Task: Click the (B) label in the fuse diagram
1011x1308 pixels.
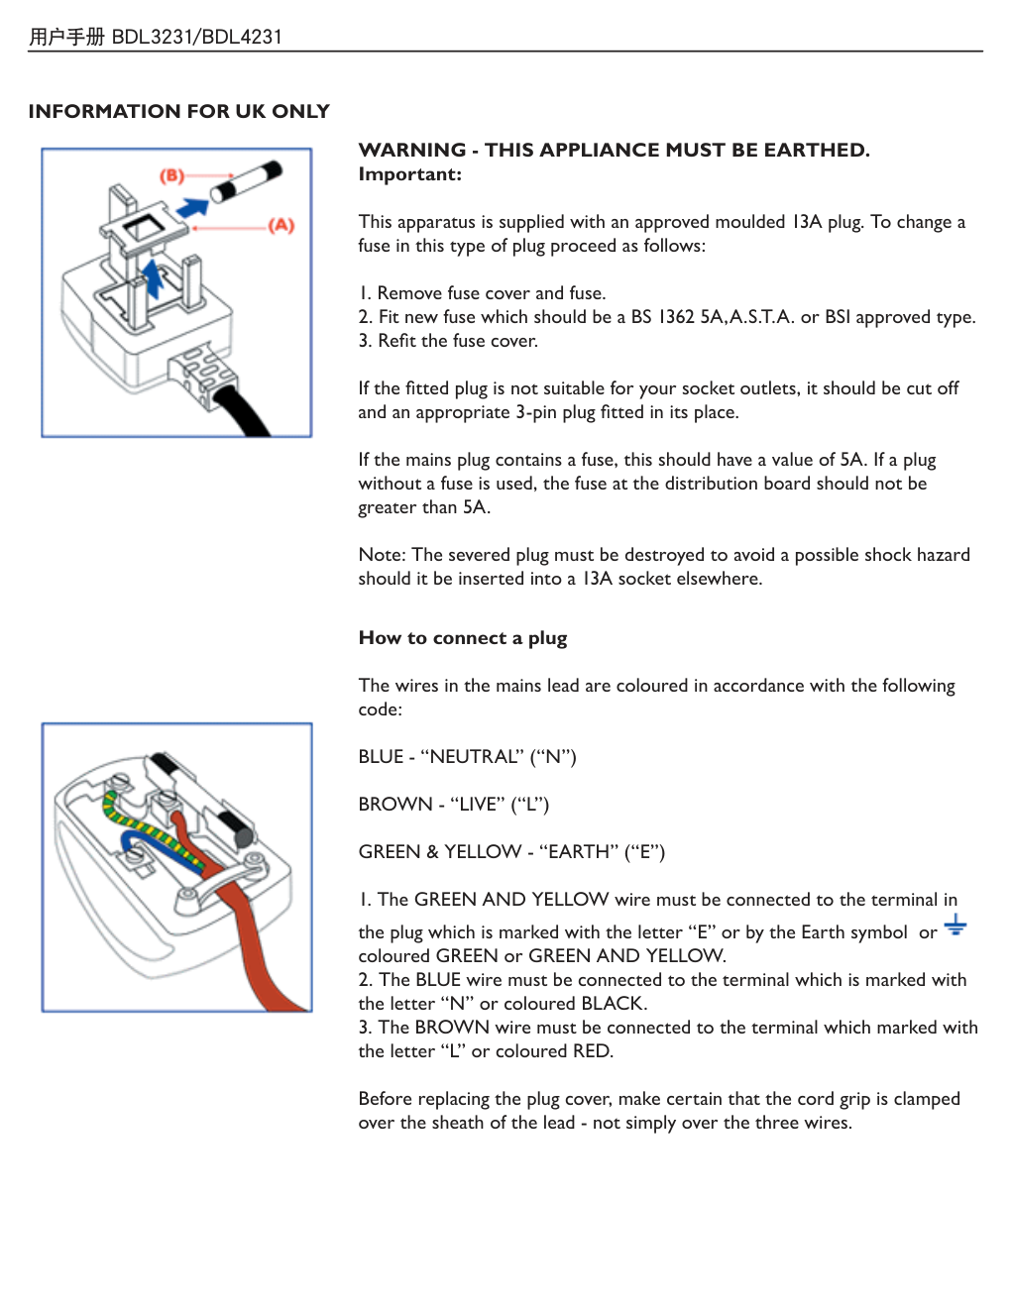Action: click(x=172, y=175)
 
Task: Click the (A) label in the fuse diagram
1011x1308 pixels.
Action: click(x=281, y=225)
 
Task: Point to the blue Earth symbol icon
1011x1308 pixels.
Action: click(x=955, y=926)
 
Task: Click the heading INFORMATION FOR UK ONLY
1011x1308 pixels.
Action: click(x=178, y=111)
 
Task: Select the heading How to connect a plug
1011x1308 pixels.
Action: click(x=463, y=638)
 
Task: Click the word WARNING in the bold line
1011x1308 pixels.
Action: click(x=411, y=150)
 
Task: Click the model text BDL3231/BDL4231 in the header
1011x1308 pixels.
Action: click(x=196, y=37)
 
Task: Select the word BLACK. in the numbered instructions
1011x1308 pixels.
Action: click(x=614, y=1004)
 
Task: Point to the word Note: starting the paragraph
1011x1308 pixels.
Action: click(x=382, y=555)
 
